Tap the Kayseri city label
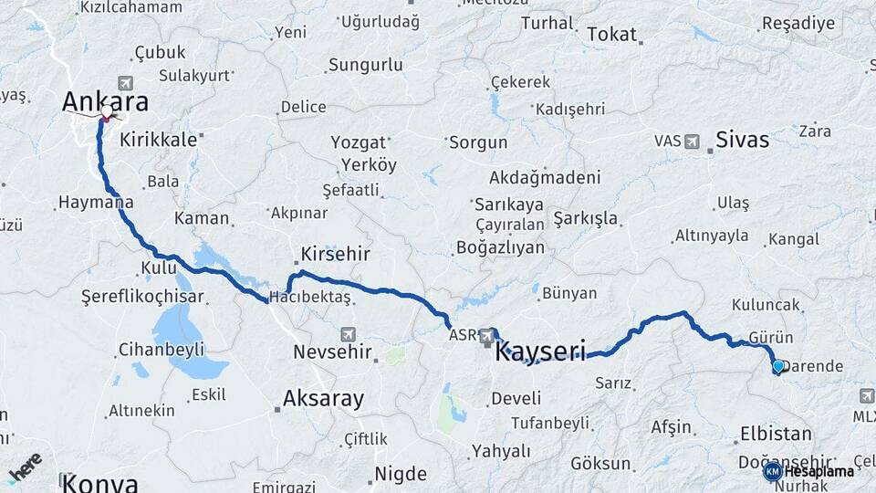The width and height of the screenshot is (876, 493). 539,351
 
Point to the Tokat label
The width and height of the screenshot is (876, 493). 611,34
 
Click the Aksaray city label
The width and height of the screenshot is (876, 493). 323,398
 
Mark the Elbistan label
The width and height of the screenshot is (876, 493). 777,433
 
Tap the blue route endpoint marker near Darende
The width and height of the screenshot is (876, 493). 777,366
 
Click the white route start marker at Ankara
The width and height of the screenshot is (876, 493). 107,111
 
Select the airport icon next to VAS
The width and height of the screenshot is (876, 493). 692,142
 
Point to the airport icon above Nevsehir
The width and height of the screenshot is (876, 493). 347,334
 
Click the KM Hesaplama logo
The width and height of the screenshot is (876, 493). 810,471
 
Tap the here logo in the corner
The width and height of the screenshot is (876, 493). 26,468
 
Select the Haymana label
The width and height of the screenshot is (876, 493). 96,202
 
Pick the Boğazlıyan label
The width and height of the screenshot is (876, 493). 500,246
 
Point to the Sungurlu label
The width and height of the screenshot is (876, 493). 365,65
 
